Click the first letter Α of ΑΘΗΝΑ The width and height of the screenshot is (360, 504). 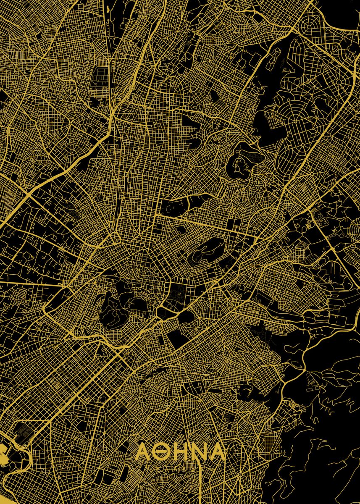(x=143, y=452)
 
